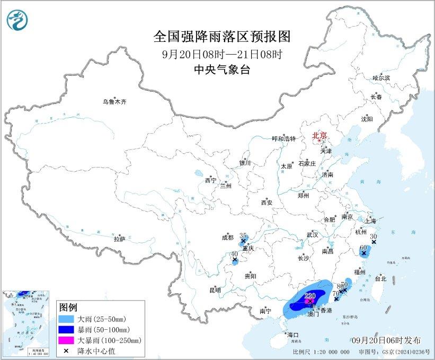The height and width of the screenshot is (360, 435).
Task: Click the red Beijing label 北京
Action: (x=319, y=135)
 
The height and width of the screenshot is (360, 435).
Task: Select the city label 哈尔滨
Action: (x=380, y=78)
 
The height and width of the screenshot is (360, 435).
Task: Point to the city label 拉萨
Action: (x=119, y=239)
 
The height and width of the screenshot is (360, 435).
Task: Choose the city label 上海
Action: (x=370, y=221)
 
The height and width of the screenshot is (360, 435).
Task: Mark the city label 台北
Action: (x=380, y=278)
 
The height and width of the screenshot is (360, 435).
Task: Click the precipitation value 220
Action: (x=310, y=295)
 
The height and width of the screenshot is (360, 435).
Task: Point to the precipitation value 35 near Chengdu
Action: (x=244, y=235)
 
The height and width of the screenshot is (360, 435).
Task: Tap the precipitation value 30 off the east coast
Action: (x=373, y=236)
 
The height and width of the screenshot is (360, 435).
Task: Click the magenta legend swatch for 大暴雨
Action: (x=67, y=339)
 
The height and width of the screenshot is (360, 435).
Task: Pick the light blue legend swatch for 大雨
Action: (x=67, y=319)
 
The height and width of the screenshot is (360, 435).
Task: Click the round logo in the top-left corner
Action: (x=17, y=21)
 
